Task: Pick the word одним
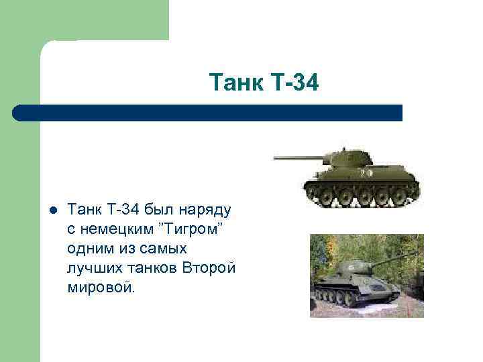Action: pyautogui.click(x=91, y=247)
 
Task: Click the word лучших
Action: pyautogui.click(x=95, y=267)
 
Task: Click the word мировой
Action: pyautogui.click(x=101, y=286)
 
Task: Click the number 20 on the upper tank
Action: pyautogui.click(x=366, y=172)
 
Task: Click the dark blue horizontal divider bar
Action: pyautogui.click(x=208, y=113)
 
